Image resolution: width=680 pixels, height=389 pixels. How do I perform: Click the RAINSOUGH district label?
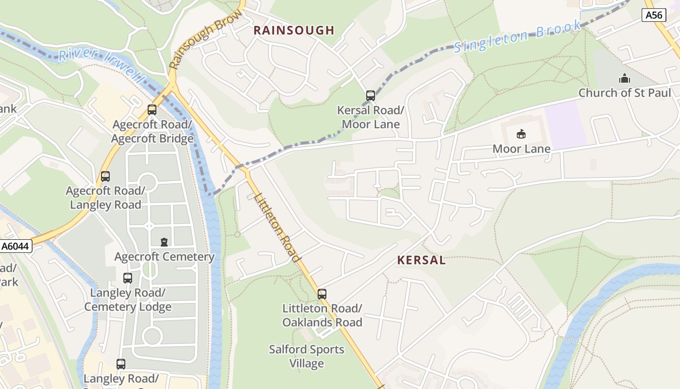point(294,30)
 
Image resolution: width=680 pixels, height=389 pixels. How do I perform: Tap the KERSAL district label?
point(421,260)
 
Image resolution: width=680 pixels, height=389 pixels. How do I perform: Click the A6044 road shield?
point(16,247)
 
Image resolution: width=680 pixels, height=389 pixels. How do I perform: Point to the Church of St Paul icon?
point(624,78)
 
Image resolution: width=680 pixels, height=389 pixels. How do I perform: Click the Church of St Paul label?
point(624,92)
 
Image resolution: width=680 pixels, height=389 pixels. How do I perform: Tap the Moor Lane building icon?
point(521,134)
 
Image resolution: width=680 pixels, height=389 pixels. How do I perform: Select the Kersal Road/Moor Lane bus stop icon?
point(371,96)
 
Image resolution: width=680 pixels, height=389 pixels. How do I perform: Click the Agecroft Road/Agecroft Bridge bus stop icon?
point(152,110)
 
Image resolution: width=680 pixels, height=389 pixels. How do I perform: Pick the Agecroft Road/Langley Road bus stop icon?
point(105,177)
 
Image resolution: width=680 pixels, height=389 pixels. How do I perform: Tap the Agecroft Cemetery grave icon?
point(164,242)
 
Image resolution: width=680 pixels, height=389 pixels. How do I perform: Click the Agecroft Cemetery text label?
point(164,257)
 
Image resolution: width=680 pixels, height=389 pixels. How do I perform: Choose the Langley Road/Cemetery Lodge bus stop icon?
point(128,278)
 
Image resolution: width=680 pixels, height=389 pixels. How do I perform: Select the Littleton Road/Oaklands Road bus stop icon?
point(322,294)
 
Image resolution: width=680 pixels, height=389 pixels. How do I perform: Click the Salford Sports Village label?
point(306,356)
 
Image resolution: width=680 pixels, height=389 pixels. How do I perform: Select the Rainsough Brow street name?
point(205,39)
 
